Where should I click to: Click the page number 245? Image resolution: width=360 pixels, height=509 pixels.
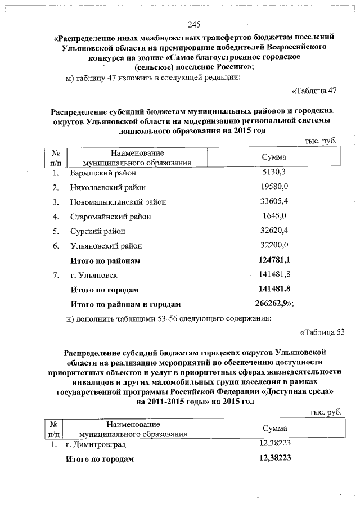pyautogui.click(x=194, y=25)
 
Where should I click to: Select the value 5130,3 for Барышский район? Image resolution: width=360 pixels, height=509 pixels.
pyautogui.click(x=274, y=172)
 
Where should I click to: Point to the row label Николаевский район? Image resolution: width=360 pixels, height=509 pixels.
pyautogui.click(x=107, y=187)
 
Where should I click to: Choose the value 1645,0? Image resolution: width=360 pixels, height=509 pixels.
pyautogui.click(x=274, y=216)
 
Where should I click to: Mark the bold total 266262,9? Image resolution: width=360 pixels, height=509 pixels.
pyautogui.click(x=273, y=304)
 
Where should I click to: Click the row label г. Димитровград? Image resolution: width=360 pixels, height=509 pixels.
pyautogui.click(x=96, y=444)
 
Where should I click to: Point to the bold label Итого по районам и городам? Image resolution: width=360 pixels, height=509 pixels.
pyautogui.click(x=124, y=304)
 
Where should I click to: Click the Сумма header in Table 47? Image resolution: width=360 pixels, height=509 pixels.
pyautogui.click(x=274, y=157)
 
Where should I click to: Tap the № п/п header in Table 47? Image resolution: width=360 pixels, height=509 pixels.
pyautogui.click(x=56, y=157)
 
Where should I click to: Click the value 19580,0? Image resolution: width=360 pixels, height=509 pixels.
pyautogui.click(x=274, y=187)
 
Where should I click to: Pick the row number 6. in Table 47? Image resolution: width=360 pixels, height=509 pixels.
pyautogui.click(x=56, y=246)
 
